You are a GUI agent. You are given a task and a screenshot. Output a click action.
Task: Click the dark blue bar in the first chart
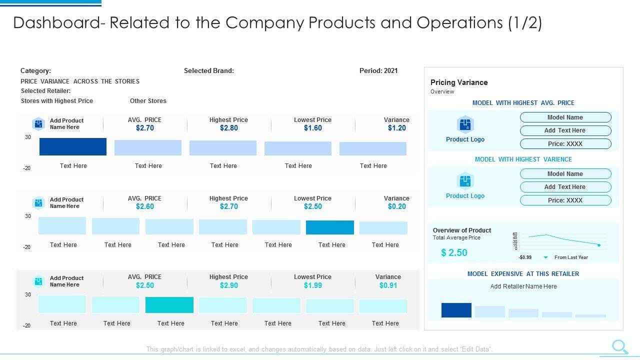point(73,146)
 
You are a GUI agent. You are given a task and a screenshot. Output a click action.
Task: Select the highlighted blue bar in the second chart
point(330,227)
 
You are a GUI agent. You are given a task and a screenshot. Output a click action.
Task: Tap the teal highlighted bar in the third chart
point(169,305)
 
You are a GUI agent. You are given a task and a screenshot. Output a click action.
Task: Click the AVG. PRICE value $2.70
point(145,128)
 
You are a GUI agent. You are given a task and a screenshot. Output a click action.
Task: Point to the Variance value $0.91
point(388,285)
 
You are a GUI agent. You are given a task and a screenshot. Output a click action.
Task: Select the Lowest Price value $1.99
point(312,285)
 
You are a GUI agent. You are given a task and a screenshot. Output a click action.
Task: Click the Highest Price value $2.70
point(228,206)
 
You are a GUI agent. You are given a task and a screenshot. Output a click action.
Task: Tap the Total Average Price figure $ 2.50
point(454,253)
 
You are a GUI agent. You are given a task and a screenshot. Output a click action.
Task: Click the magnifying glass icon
point(619,346)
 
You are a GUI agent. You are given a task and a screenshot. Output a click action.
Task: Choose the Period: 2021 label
point(378,70)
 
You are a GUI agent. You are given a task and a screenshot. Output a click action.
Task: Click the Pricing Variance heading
point(459,82)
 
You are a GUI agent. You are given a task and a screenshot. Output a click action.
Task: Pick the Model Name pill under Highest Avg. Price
point(565,117)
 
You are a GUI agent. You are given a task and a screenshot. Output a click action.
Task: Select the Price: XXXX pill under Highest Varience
point(565,200)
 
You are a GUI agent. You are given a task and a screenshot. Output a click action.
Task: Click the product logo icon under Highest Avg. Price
point(465,124)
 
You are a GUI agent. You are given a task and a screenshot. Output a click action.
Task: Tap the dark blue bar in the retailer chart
point(456,310)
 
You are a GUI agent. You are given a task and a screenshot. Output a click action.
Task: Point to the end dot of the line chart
point(599,245)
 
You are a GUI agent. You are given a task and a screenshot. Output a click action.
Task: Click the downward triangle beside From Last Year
point(545,257)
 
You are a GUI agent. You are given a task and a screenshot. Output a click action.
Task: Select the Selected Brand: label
point(209,70)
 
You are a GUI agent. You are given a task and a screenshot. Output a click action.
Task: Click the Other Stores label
point(148,101)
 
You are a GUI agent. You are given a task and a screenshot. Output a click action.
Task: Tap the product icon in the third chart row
point(38,281)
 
